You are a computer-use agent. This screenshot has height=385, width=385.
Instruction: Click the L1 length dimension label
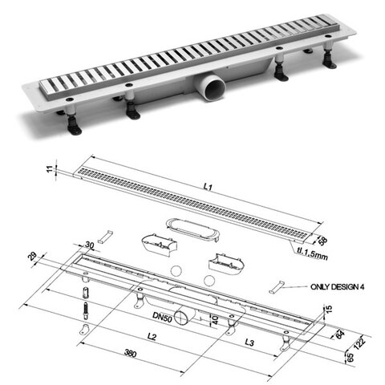coord(208,186)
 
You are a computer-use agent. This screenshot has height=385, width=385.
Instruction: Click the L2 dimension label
coord(152,336)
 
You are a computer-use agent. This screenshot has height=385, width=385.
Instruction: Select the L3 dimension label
coord(249,342)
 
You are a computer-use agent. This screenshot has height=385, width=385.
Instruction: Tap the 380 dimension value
coord(130,353)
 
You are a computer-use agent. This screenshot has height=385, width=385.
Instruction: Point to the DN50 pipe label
coord(162,317)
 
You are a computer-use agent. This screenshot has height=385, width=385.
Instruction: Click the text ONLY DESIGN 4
coord(337,287)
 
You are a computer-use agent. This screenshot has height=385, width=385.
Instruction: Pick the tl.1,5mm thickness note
coord(312,253)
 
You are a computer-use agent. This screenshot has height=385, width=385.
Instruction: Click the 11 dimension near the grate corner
coord(50,168)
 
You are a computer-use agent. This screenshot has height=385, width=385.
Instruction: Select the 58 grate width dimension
coord(322,241)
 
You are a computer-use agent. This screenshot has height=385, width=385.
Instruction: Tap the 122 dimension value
coord(359,343)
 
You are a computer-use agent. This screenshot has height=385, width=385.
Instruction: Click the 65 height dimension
coord(350,357)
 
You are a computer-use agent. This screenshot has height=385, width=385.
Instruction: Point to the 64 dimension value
coord(339,334)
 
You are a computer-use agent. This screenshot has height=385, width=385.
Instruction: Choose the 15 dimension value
coord(329,309)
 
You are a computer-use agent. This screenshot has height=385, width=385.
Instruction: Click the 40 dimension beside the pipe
coord(215,319)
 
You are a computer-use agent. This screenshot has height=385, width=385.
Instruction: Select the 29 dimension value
coord(32,256)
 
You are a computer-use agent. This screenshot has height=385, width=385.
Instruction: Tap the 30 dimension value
coord(90,245)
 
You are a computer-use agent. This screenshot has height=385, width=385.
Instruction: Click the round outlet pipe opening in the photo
coord(213,89)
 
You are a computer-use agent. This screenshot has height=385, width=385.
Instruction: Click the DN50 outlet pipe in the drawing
coord(184,316)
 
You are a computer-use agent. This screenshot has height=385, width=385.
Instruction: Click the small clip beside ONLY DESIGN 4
coord(275,287)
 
